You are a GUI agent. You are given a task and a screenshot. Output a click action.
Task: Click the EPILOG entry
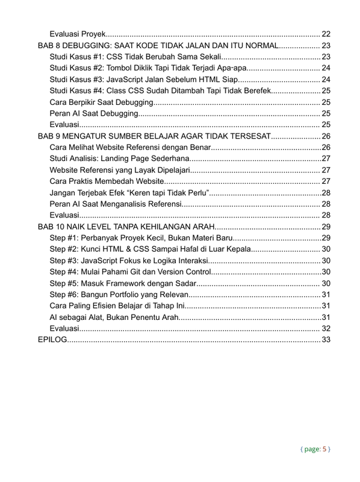(x=52, y=340)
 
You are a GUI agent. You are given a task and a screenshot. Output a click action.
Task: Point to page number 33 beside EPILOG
(x=326, y=340)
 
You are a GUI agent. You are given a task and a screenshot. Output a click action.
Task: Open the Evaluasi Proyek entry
(x=79, y=34)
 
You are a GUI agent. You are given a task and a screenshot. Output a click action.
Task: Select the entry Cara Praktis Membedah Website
(x=107, y=181)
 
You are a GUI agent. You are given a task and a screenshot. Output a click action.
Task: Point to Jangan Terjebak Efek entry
(x=129, y=192)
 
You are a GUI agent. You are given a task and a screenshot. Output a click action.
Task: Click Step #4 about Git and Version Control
(x=129, y=272)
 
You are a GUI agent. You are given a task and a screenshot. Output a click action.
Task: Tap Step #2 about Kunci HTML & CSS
(x=151, y=249)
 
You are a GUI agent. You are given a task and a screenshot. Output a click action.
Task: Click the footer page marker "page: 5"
(x=315, y=449)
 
